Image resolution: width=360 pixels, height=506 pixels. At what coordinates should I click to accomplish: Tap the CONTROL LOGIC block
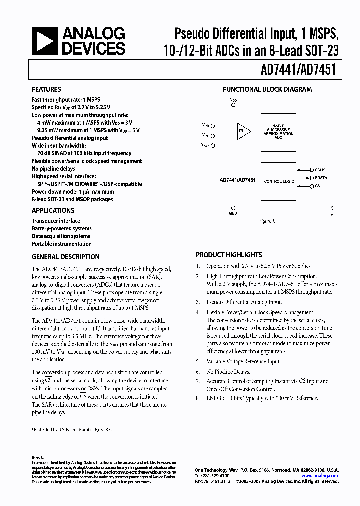(278, 181)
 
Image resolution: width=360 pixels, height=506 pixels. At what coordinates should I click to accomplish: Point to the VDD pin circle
(233, 104)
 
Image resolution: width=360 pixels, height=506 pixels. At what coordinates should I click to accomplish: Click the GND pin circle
(233, 207)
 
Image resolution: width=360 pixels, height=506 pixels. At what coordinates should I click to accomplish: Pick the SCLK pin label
(320, 170)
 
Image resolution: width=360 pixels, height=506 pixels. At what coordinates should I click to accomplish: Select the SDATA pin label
(321, 178)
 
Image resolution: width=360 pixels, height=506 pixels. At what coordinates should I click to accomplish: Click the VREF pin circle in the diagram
(213, 145)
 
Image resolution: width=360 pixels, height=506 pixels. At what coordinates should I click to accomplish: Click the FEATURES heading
(47, 90)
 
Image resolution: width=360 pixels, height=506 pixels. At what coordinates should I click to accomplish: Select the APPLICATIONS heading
(53, 211)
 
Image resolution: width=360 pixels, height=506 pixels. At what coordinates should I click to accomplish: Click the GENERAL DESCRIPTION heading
(65, 257)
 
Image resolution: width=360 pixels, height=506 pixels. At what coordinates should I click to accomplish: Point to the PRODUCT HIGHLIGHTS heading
(229, 255)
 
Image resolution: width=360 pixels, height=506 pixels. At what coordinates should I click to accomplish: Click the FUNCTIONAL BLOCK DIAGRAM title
(267, 90)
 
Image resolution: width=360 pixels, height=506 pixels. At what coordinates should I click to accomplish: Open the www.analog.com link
(320, 476)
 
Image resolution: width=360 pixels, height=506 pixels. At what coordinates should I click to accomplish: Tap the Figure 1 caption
(267, 221)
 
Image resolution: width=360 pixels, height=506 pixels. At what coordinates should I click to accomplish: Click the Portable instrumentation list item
(62, 244)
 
